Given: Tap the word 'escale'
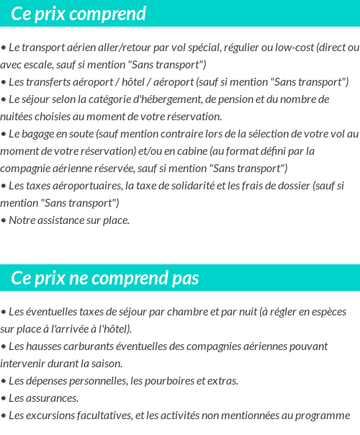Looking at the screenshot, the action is pos(40,64).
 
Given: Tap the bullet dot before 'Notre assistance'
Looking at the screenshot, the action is pos(4,220).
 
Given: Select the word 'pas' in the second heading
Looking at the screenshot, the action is pos(185,278).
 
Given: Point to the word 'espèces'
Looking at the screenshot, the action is pos(328,312).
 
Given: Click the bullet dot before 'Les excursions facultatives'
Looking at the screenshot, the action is pos(4,416).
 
